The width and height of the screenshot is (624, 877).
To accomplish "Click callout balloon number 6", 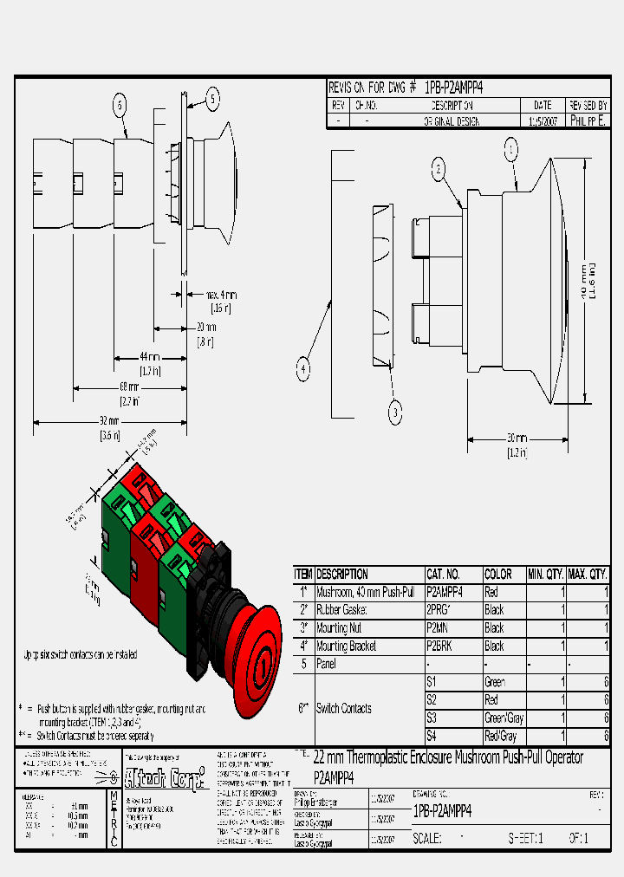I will coord(120,106).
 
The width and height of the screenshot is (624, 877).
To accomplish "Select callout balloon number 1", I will coord(511,151).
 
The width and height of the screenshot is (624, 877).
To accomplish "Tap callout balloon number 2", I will coord(439,169).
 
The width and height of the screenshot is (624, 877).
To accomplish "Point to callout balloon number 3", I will coord(395,413).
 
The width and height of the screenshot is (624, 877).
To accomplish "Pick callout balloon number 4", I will coord(303,370).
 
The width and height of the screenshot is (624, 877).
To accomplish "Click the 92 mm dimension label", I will coord(110,422).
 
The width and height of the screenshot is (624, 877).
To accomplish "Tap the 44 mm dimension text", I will coord(149,357).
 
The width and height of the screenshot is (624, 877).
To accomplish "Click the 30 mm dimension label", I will coord(517,438).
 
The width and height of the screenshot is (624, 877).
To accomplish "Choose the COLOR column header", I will coord(499,575).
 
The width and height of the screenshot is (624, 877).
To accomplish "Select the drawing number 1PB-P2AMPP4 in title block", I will coord(442,812).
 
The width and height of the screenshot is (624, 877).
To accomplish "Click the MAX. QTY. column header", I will coord(588,575).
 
